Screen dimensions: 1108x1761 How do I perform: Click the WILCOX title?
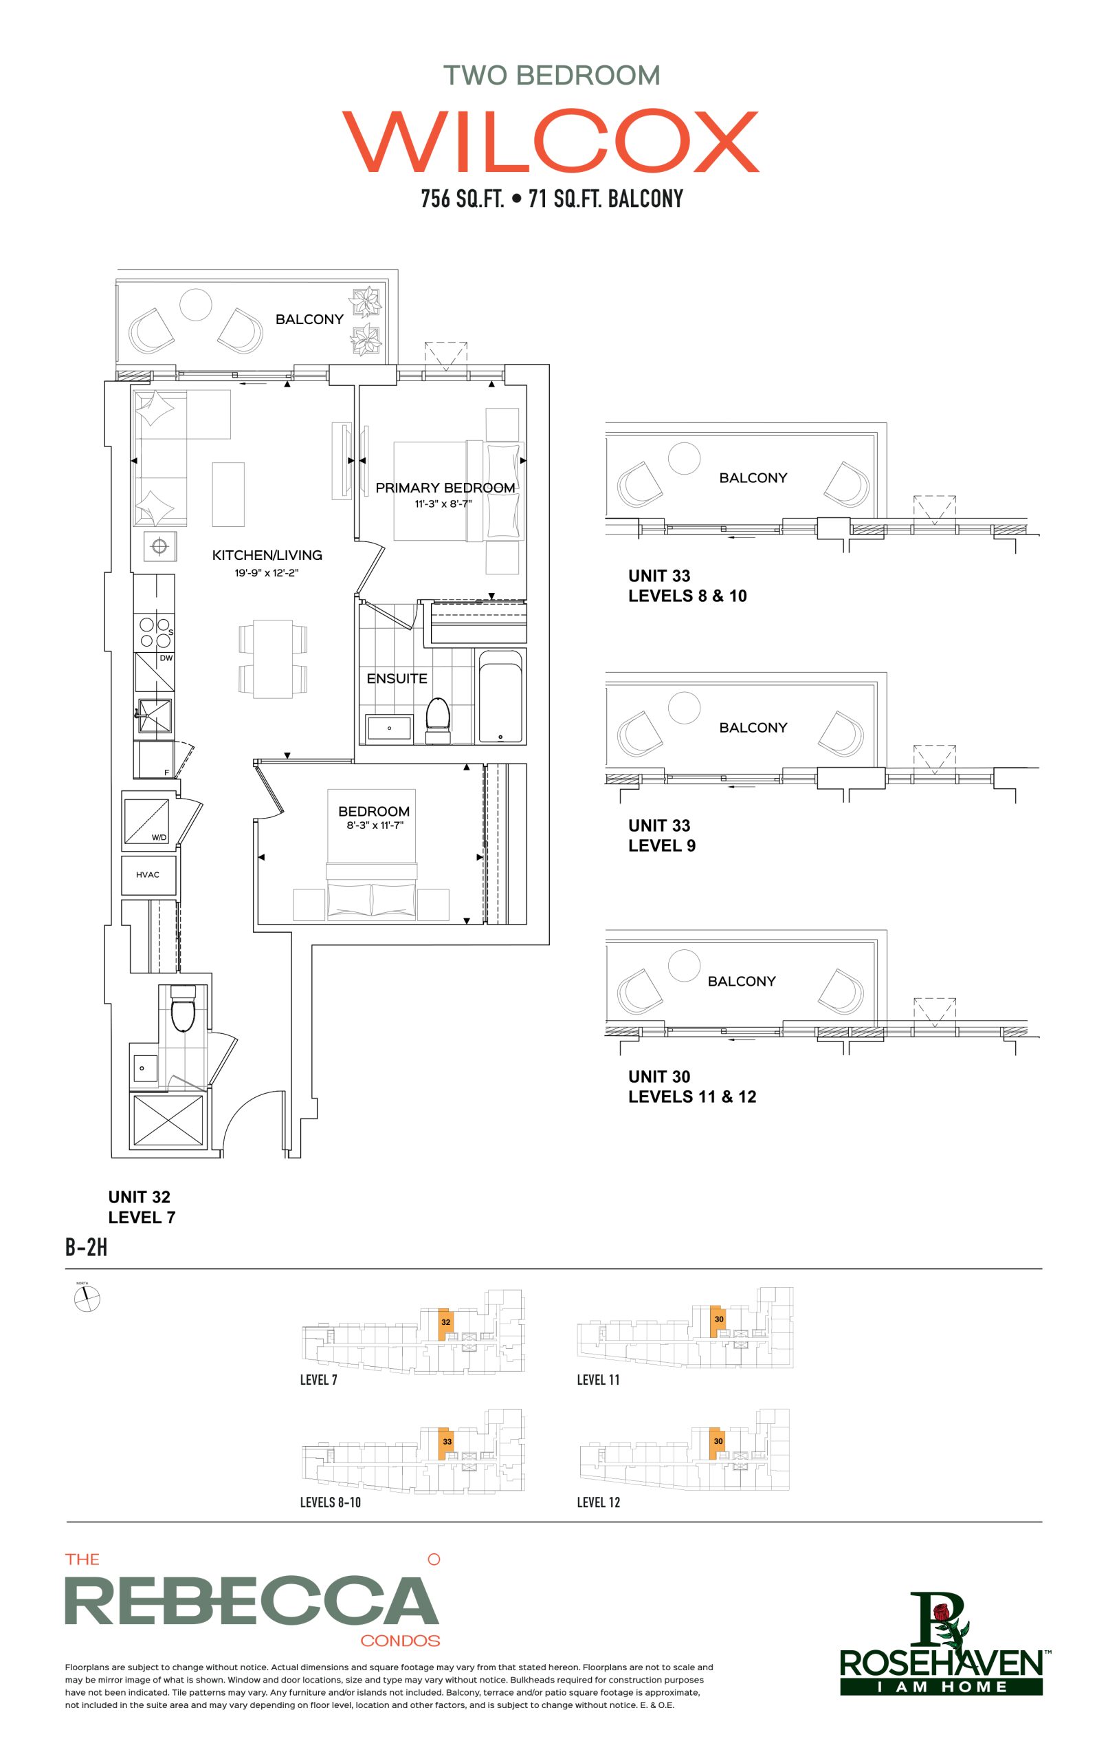551,142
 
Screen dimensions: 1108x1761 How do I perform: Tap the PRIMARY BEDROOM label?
445,488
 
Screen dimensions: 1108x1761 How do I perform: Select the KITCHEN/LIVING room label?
267,555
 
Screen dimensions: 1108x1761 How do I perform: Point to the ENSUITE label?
397,679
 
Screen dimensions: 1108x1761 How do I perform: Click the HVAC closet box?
148,874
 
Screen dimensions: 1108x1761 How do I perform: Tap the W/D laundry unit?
148,821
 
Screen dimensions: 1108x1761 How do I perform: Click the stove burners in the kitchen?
155,633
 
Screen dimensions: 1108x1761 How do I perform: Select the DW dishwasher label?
166,658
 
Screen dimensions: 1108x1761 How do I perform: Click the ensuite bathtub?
500,696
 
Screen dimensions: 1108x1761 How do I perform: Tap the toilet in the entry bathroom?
183,1008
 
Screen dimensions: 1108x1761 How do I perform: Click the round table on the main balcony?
196,303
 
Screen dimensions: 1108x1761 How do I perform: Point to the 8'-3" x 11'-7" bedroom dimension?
374,825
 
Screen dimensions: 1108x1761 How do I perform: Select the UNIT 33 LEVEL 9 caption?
661,835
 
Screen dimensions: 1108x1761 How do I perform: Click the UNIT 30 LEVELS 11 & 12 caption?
692,1086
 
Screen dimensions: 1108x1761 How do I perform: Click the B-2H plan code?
86,1247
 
